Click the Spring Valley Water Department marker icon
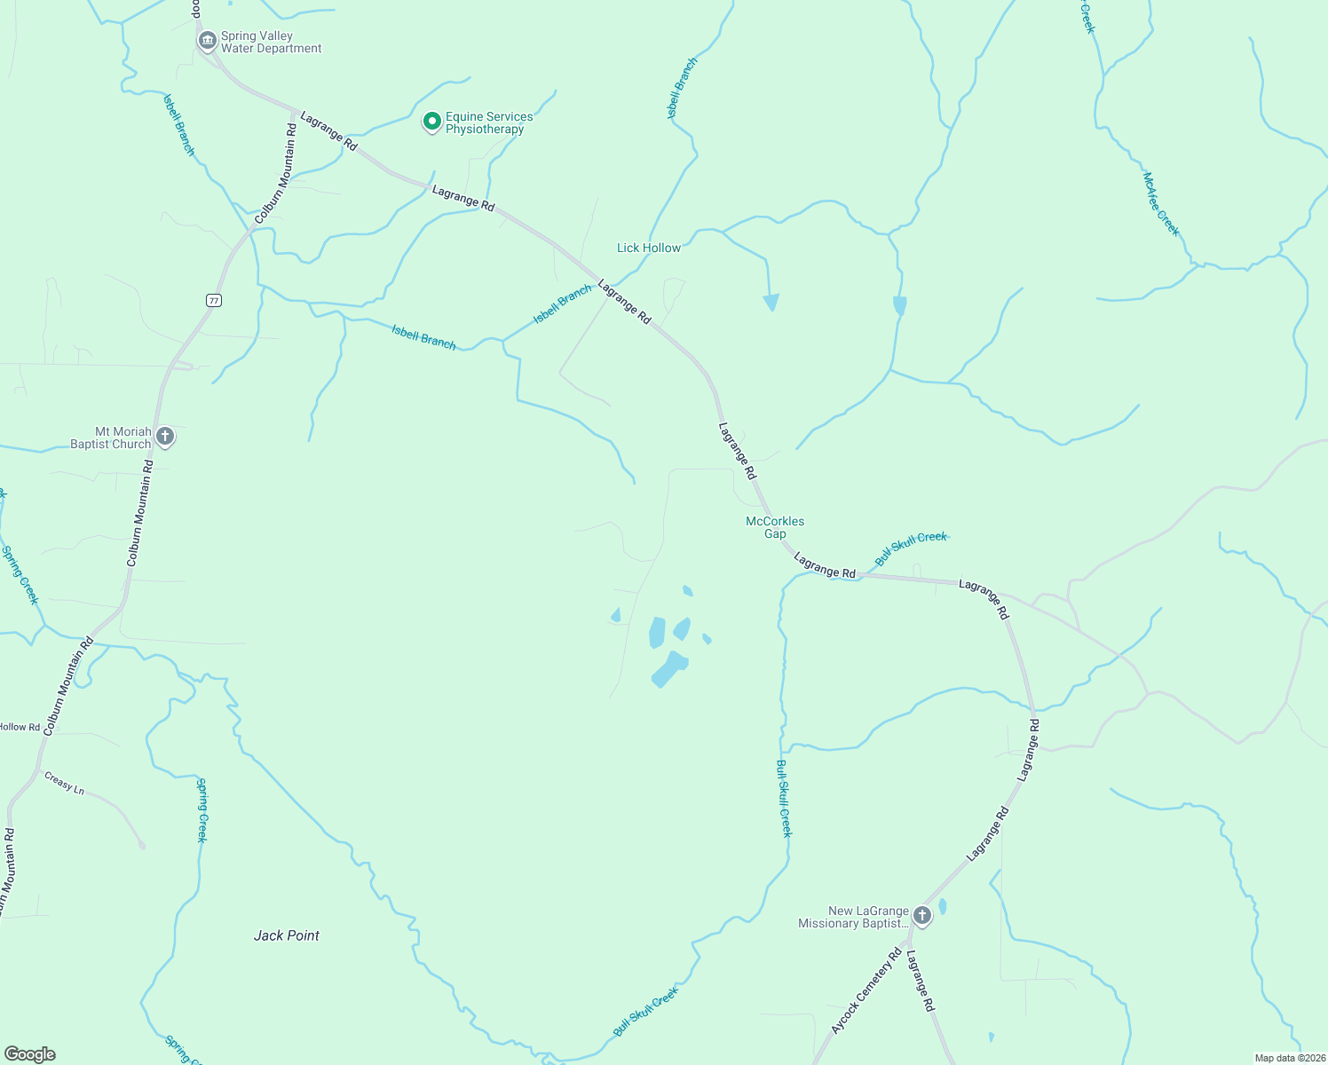coord(207,41)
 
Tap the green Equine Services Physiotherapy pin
coord(431,122)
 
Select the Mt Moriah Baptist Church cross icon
coord(164,436)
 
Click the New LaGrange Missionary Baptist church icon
coord(922,915)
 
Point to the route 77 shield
coord(213,300)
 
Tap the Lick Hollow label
coord(649,248)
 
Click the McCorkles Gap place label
coord(775,527)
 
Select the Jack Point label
coord(286,935)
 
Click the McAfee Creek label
coord(1161,204)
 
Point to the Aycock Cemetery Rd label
coord(866,991)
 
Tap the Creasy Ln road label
coord(64,783)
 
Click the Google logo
coord(29,1054)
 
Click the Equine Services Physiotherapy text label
coord(489,122)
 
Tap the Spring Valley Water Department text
coord(271,43)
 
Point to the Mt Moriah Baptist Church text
coord(111,438)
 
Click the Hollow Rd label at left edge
coord(20,727)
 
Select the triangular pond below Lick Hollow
coord(771,302)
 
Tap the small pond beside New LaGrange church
coord(942,906)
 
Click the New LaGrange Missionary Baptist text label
coord(853,917)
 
